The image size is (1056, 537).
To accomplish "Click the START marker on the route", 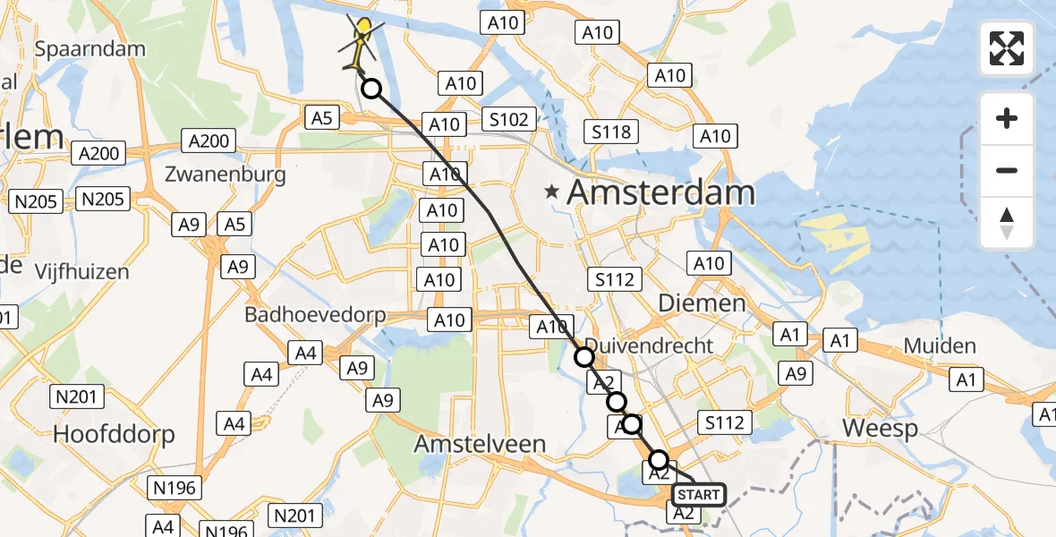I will (x=698, y=495).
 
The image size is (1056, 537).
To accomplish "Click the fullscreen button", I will (x=1007, y=48).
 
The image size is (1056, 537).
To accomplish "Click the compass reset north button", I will (x=1007, y=223).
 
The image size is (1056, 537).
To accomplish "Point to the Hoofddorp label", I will (x=114, y=434).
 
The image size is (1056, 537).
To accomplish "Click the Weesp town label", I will (x=880, y=429).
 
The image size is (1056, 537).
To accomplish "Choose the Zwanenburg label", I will (x=226, y=175).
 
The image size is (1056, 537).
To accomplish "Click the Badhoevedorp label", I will (x=315, y=315).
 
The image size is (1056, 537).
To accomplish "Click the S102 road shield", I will (x=509, y=118).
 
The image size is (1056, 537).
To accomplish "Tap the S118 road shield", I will (x=611, y=132).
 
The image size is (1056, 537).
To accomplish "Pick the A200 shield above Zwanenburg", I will (x=209, y=141).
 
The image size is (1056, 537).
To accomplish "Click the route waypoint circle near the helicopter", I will (x=370, y=89).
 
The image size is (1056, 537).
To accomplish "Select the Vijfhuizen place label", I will (x=81, y=270).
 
